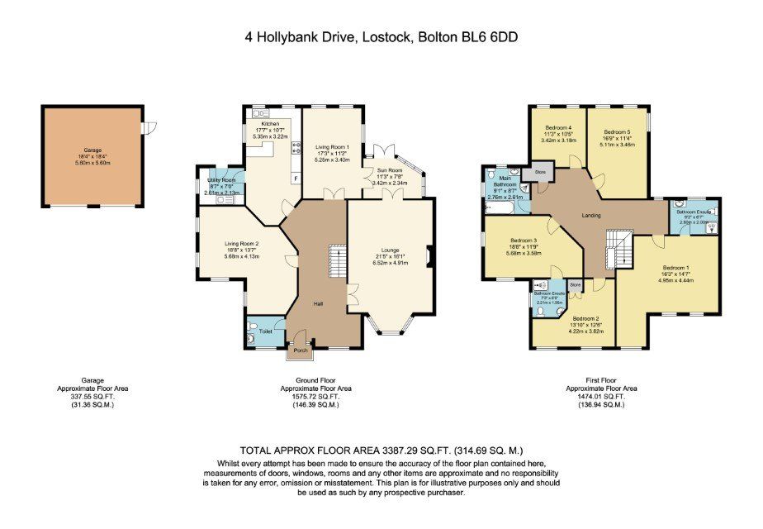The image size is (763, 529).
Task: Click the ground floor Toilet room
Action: pos(265,331)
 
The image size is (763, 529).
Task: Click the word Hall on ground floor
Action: pos(317,304)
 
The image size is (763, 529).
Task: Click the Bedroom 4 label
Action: pos(558,128)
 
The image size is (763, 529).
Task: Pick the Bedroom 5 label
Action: pos(616,132)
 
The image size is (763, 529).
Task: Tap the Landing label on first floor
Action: pos(591,216)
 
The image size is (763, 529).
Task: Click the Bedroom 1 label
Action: pos(675,268)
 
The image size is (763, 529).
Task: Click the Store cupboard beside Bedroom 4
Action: pos(541,173)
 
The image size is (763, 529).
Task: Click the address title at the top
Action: pos(381,36)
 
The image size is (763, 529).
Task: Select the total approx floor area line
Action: pos(381,450)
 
